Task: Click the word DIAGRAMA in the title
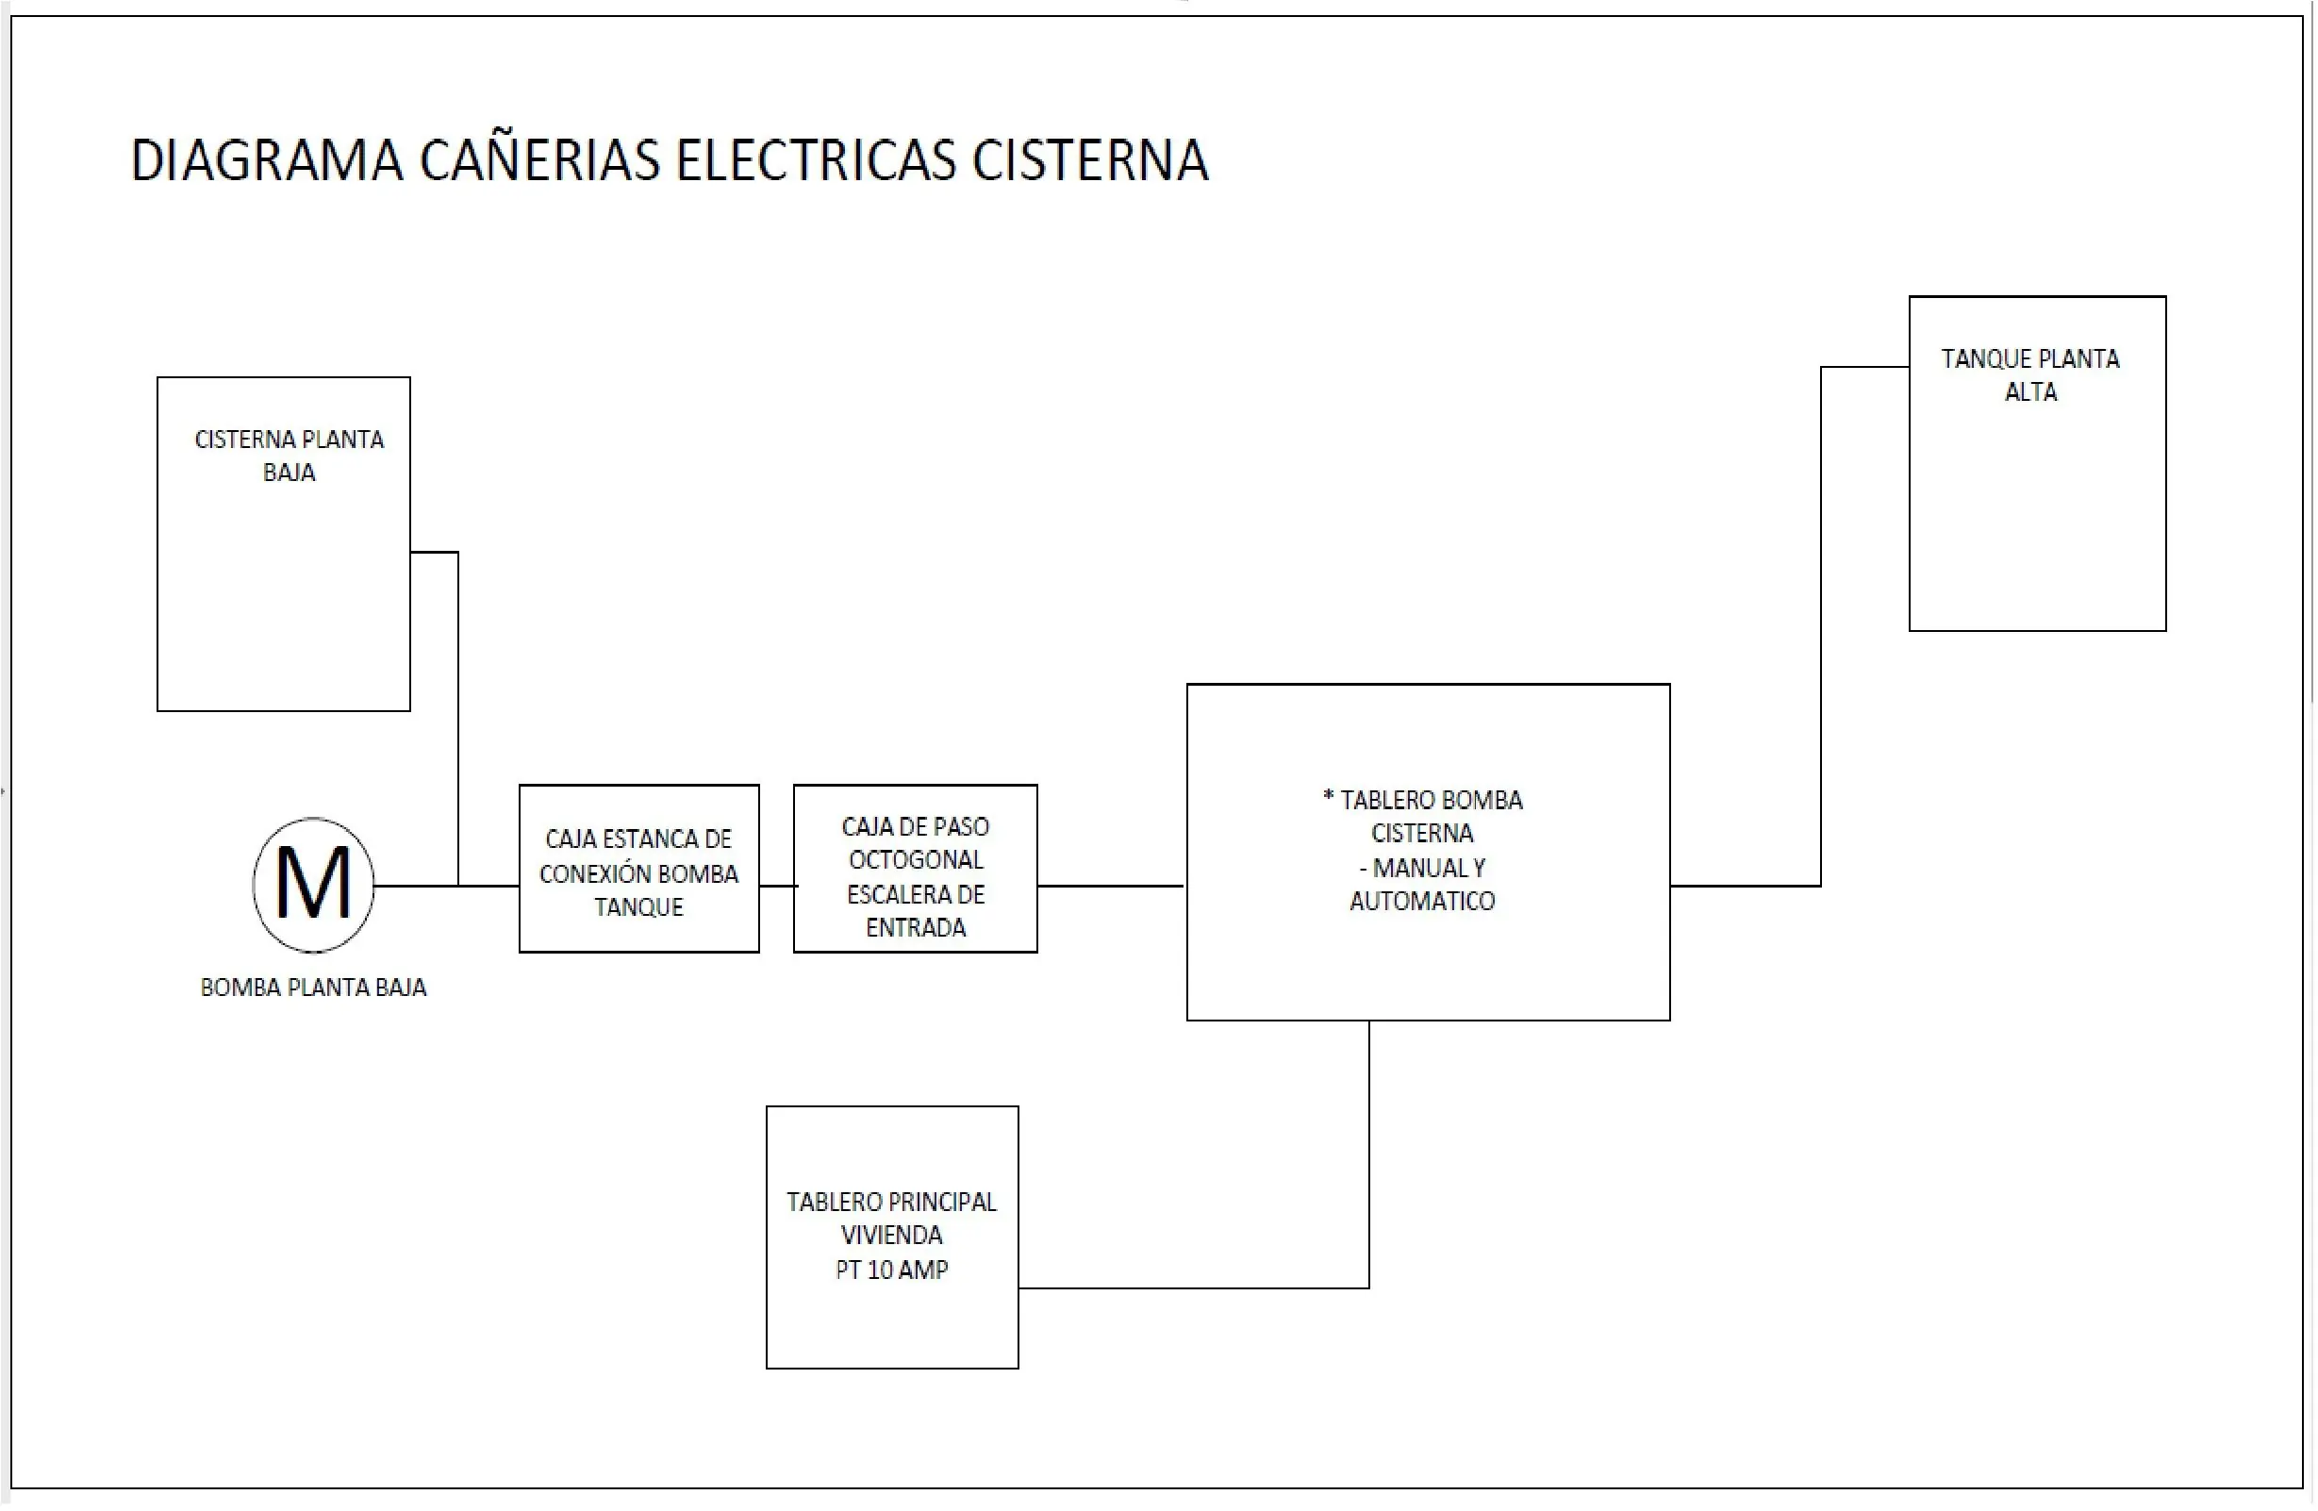coord(266,161)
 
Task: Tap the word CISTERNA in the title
coord(1090,161)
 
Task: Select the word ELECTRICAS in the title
coord(816,161)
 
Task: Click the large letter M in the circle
coord(313,884)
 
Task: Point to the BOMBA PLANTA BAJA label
coord(313,988)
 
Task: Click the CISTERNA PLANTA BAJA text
coord(289,455)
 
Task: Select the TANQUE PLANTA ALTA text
coord(2029,375)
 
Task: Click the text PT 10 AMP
coord(891,1270)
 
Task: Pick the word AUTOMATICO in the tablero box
coord(1421,901)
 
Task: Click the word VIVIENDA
coord(891,1236)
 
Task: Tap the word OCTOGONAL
coord(916,860)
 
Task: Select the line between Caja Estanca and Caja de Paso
coord(776,886)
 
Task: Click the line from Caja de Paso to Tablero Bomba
coord(1110,886)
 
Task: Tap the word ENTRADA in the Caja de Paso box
coord(916,927)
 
